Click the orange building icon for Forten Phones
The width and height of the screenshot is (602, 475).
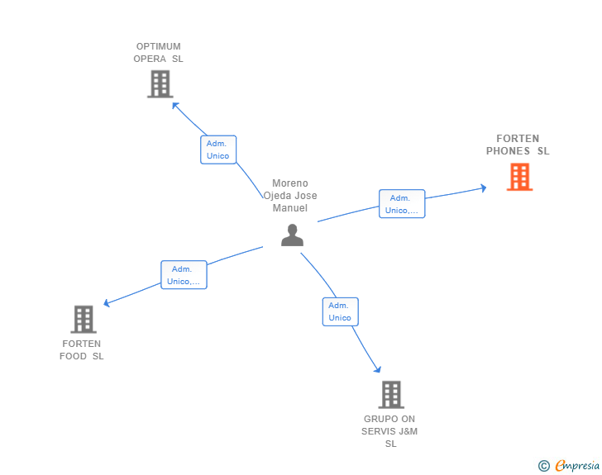(x=519, y=177)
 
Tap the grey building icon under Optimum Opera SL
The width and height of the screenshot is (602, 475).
(x=160, y=84)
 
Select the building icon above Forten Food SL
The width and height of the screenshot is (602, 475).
(x=84, y=319)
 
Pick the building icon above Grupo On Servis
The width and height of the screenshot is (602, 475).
(x=391, y=394)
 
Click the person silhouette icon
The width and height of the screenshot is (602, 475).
(x=292, y=235)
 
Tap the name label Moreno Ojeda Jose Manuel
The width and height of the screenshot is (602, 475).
(x=290, y=196)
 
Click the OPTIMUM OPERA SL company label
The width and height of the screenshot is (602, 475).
(x=158, y=53)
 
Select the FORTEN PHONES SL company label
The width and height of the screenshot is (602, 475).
(x=518, y=145)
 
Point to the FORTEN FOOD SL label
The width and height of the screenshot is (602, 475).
(x=81, y=350)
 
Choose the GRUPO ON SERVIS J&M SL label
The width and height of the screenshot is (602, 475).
(x=389, y=431)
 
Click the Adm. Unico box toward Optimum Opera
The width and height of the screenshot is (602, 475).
(x=218, y=150)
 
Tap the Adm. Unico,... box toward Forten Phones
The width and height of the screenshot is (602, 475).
(x=402, y=204)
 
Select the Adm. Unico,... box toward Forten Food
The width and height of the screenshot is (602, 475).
(x=184, y=275)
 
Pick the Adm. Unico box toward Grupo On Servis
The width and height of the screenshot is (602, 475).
(x=340, y=311)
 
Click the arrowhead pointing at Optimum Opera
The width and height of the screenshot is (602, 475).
(x=175, y=105)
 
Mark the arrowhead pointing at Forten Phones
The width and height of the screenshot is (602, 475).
(x=484, y=188)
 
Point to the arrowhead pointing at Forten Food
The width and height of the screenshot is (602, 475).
(x=107, y=303)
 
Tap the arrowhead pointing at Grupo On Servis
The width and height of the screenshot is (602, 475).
(x=378, y=369)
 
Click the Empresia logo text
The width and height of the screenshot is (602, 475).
(x=577, y=465)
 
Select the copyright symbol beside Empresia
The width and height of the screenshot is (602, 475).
(x=544, y=466)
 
